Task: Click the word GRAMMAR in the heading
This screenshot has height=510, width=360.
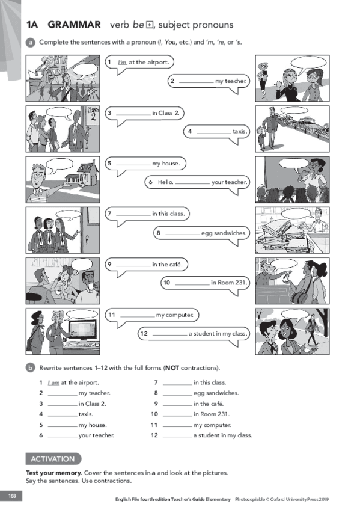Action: pos(74,25)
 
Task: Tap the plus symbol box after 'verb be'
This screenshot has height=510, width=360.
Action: pos(150,25)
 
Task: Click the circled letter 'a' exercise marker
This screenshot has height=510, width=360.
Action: pos(30,42)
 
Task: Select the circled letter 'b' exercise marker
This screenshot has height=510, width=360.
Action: pos(30,368)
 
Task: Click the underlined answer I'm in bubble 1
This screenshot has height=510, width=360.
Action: pos(122,62)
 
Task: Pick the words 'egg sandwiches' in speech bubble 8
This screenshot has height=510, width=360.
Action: pos(224,233)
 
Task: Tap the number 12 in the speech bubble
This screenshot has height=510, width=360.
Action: pos(144,333)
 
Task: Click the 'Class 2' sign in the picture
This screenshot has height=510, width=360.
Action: pos(93,114)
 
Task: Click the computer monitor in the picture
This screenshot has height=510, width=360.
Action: pos(82,331)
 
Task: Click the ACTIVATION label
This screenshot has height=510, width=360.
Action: pos(53,459)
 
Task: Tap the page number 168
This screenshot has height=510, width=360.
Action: pos(11,496)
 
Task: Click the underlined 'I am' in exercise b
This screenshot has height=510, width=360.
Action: pos(53,383)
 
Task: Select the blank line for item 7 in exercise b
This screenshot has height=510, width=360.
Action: pos(177,385)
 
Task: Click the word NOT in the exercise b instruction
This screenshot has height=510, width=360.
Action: pos(172,368)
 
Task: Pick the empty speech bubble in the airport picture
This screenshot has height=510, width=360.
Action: pos(85,72)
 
